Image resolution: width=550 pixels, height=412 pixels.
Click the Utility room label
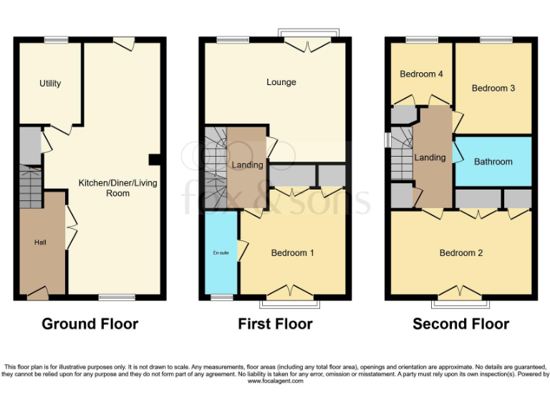click(x=50, y=83)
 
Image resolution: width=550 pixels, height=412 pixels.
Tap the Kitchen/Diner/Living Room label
click(x=118, y=188)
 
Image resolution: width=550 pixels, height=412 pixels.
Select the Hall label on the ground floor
click(x=40, y=242)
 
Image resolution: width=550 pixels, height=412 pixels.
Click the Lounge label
click(x=281, y=82)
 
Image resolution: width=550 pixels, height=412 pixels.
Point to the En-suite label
click(x=220, y=252)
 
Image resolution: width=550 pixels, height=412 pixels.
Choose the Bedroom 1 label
click(x=292, y=252)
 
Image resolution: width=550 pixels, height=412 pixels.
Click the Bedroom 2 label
click(x=461, y=252)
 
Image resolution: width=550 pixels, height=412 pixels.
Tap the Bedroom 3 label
click(x=493, y=88)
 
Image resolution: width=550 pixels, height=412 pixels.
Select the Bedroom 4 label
click(x=421, y=74)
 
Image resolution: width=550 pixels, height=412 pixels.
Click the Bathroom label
click(x=493, y=162)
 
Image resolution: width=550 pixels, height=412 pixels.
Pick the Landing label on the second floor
click(x=430, y=157)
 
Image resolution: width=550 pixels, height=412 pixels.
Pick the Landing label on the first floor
click(x=246, y=165)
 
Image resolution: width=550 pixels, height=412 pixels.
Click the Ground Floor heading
click(x=90, y=324)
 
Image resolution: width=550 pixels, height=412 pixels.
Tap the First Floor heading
click(x=275, y=324)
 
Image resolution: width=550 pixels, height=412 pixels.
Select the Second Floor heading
click(x=460, y=324)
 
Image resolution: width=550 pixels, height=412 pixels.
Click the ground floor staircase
click(x=30, y=185)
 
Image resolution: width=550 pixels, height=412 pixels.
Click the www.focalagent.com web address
click(x=275, y=381)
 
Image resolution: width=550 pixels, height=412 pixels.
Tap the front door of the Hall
click(x=38, y=292)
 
